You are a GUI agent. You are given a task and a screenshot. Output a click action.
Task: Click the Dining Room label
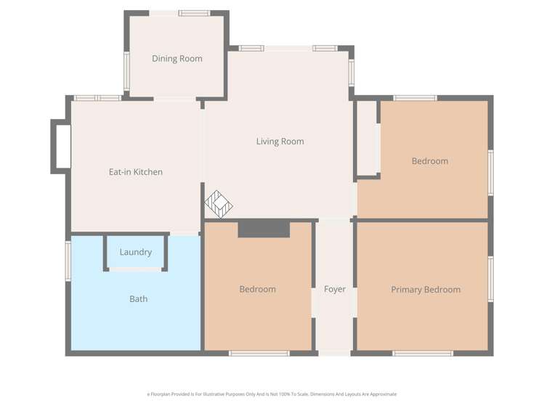(176, 59)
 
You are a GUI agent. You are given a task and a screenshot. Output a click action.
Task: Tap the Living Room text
(280, 142)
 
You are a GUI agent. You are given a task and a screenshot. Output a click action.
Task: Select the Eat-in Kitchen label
(135, 172)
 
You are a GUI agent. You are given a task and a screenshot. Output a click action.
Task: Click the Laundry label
(136, 252)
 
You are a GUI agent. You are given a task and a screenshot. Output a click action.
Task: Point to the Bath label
(138, 298)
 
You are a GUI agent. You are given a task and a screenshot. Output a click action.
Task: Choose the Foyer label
(334, 289)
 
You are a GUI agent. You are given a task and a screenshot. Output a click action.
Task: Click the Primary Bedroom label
(426, 290)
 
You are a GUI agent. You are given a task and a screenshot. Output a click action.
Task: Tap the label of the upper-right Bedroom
(429, 161)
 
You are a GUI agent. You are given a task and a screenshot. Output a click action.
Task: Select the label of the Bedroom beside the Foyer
(257, 289)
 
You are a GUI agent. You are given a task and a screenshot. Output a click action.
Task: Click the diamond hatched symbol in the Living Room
(218, 204)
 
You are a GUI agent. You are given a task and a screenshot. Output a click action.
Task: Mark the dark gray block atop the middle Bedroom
(264, 229)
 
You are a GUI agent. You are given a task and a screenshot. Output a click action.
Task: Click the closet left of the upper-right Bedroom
(367, 138)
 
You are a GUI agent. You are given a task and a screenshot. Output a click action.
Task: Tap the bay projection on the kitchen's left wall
(61, 147)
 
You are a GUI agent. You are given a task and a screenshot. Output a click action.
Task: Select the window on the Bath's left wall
(68, 261)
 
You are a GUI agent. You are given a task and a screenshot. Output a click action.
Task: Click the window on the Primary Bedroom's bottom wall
(423, 354)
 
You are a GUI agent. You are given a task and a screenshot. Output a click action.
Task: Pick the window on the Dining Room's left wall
(126, 70)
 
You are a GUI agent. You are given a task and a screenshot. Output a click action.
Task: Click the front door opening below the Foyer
(334, 354)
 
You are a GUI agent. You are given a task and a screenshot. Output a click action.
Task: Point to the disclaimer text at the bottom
(272, 394)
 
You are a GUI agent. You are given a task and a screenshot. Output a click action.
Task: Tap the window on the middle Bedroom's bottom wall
(259, 354)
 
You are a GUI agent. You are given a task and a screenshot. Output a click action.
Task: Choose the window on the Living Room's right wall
(351, 73)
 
